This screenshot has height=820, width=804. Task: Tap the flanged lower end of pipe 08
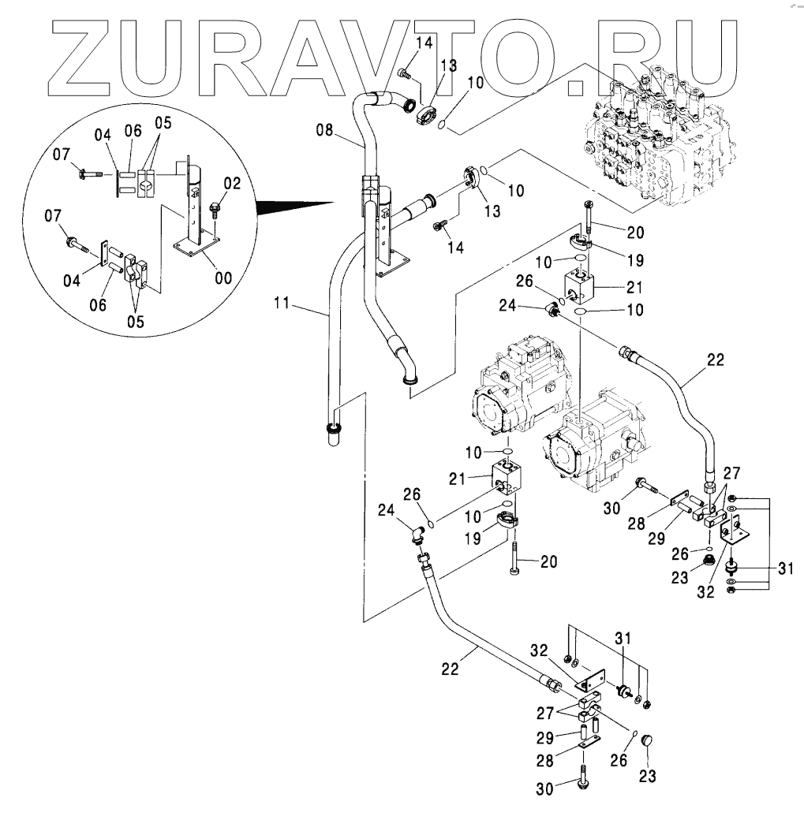tap(410, 382)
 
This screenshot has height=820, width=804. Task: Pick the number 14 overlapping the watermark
tap(424, 43)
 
